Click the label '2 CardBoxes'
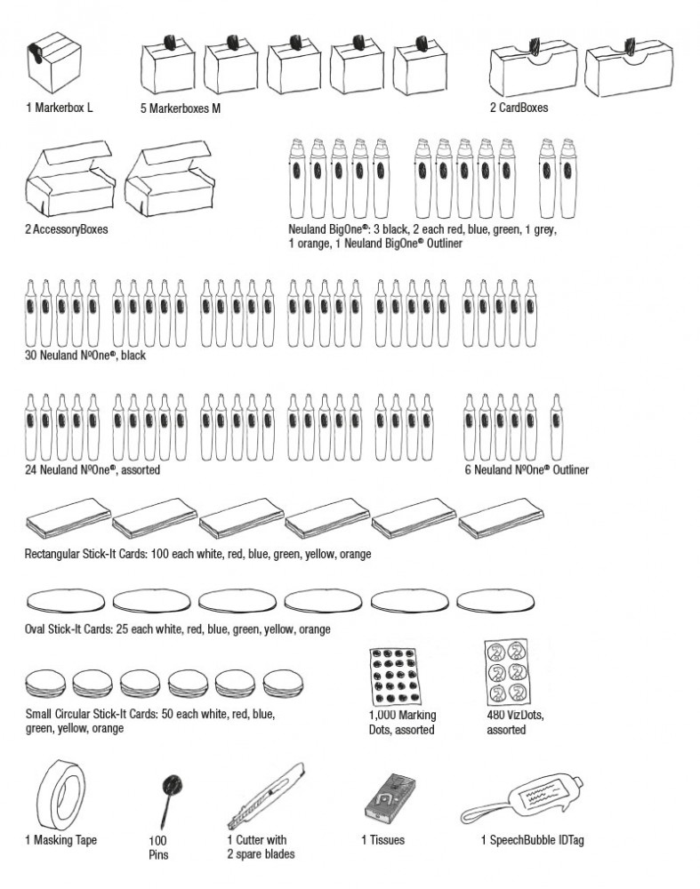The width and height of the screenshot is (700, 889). pos(519,108)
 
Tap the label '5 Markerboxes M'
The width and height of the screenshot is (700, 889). pos(181,108)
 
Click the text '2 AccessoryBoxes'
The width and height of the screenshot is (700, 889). pos(67,229)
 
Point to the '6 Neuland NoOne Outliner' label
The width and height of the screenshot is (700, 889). pos(527,469)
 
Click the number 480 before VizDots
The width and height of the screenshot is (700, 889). pos(495,716)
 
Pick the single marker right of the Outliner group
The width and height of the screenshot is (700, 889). pos(556,426)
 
